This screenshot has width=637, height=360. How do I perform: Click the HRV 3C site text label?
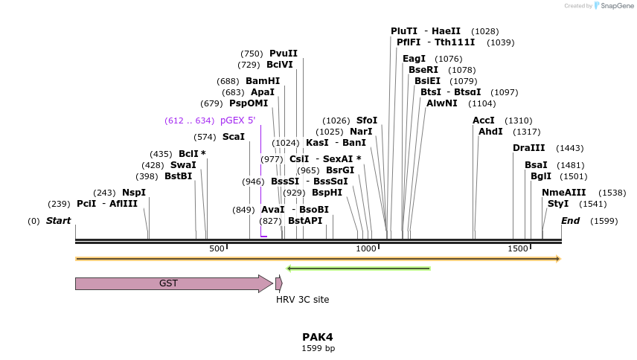click(x=302, y=300)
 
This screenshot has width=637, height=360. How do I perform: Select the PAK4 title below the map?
click(x=318, y=337)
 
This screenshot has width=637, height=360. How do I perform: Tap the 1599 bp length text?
click(x=318, y=348)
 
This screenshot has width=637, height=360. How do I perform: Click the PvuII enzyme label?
click(x=284, y=54)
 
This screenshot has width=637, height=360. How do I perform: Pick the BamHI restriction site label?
click(x=263, y=81)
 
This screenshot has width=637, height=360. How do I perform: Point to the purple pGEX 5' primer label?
click(x=237, y=120)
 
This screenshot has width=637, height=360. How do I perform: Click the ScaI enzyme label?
click(x=234, y=137)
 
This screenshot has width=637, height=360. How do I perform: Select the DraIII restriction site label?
click(x=529, y=148)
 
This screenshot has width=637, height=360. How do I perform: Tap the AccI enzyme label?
click(x=484, y=120)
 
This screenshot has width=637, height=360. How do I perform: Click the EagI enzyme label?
click(x=414, y=59)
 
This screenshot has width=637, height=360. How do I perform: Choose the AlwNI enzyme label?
click(x=442, y=103)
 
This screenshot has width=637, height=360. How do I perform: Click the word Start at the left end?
click(x=58, y=221)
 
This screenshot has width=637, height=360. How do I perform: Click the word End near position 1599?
click(x=571, y=221)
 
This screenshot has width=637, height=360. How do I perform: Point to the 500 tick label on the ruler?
click(x=217, y=248)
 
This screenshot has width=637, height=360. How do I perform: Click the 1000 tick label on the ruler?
click(x=367, y=248)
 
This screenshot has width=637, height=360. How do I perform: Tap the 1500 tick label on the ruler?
click(x=518, y=248)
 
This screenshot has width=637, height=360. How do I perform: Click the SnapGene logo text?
click(x=617, y=6)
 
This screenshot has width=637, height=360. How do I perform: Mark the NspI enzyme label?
click(x=134, y=193)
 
